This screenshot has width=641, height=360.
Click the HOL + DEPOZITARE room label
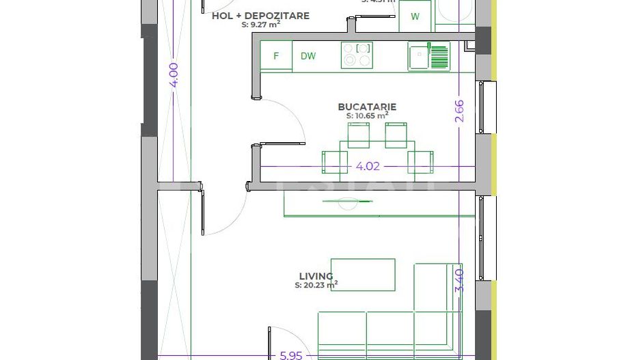click(260, 16)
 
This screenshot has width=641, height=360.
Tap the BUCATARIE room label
click(367, 107)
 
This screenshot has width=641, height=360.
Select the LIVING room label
click(316, 277)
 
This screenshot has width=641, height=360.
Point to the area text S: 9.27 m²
click(260, 25)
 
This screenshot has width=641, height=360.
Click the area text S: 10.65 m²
click(367, 116)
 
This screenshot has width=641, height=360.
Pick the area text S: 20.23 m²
click(316, 286)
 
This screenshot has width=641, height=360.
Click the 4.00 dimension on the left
click(174, 74)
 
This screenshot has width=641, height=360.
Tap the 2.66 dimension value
click(459, 111)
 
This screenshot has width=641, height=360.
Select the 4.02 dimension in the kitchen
click(368, 166)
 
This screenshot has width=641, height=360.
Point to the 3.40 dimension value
click(459, 280)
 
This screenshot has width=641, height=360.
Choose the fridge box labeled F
click(276, 56)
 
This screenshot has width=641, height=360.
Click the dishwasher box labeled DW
click(308, 56)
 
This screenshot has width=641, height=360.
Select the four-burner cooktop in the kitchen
click(357, 55)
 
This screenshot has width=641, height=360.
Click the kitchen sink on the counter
click(428, 55)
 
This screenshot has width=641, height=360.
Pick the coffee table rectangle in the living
click(363, 275)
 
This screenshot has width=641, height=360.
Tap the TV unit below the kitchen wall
click(379, 204)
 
